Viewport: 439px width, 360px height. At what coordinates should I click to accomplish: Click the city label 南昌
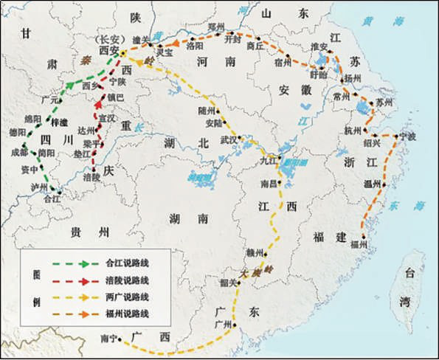tap(269, 182)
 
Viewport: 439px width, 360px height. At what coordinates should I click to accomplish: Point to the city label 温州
tap(373, 184)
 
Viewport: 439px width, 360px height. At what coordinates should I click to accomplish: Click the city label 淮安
tap(319, 46)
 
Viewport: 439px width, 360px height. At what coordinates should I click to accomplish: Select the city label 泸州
tap(30, 188)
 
